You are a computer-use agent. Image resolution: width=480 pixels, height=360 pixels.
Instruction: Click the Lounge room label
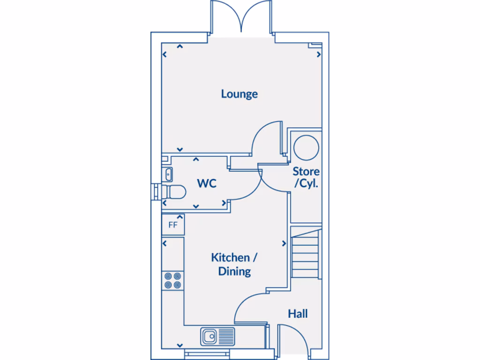pyautogui.click(x=240, y=94)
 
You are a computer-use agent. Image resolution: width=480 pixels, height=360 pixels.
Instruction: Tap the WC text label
pyautogui.click(x=207, y=183)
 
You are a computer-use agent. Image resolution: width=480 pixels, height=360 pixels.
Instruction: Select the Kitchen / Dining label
pyautogui.click(x=234, y=264)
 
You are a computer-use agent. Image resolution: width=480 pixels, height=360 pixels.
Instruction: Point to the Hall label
pyautogui.click(x=298, y=313)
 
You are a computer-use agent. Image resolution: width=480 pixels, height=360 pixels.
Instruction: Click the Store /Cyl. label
pyautogui.click(x=306, y=177)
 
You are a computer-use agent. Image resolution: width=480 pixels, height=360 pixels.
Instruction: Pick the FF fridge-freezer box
pyautogui.click(x=173, y=224)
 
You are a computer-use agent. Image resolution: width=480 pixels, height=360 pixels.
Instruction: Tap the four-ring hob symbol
pyautogui.click(x=172, y=280)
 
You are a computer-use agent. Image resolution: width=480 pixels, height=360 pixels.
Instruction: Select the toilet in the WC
pyautogui.click(x=173, y=191)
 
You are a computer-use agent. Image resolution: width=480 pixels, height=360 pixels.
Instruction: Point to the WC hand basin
pyautogui.click(x=167, y=174)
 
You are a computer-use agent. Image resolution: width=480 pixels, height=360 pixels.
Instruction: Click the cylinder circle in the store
pyautogui.click(x=306, y=147)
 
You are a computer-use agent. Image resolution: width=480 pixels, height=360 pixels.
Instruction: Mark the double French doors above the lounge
pyautogui.click(x=241, y=18)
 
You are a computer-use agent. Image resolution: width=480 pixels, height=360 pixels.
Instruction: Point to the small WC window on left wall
pyautogui.click(x=155, y=191)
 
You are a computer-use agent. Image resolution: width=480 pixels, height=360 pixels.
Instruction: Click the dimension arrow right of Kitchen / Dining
pyautogui.click(x=284, y=243)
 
